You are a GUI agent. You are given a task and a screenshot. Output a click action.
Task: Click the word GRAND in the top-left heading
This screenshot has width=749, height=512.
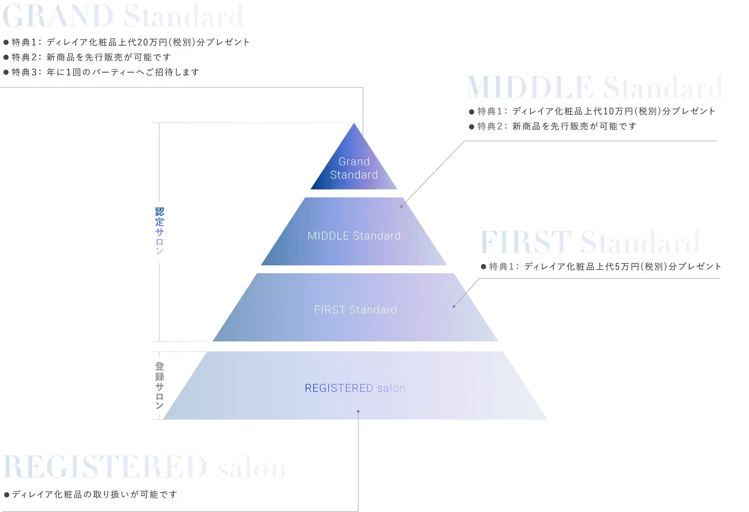pyautogui.click(x=58, y=16)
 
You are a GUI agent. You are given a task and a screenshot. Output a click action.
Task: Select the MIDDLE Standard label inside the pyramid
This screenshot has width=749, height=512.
pyautogui.click(x=354, y=236)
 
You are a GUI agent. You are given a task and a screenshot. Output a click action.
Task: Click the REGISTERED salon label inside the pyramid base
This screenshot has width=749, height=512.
pyautogui.click(x=354, y=388)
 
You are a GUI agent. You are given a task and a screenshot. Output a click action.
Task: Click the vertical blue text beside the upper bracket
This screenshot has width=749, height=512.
pyautogui.click(x=160, y=229)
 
